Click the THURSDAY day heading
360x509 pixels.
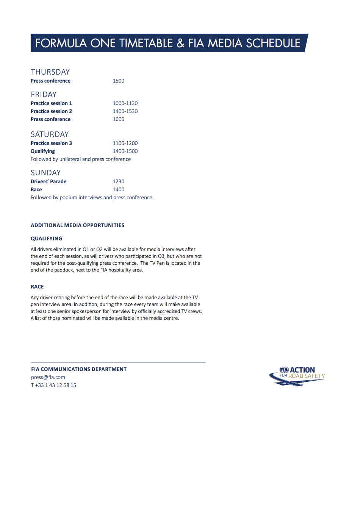pyautogui.click(x=50, y=72)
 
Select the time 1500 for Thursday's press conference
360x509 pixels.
pyautogui.click(x=119, y=81)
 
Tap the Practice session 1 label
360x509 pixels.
pyautogui.click(x=51, y=103)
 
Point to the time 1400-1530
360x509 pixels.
pyautogui.click(x=125, y=111)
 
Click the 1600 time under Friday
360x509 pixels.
pyautogui.click(x=119, y=119)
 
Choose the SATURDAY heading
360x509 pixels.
pyautogui.click(x=50, y=134)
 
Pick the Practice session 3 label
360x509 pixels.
pyautogui.click(x=51, y=143)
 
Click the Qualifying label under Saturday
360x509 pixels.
pyautogui.click(x=43, y=151)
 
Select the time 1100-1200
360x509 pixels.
pyautogui.click(x=125, y=143)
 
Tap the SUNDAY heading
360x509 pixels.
pyautogui.click(x=45, y=173)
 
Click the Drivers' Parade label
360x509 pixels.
pyautogui.click(x=49, y=181)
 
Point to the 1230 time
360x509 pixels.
pyautogui.click(x=119, y=181)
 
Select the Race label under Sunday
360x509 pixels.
pyautogui.click(x=36, y=189)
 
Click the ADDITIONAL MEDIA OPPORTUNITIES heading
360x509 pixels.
pyautogui.click(x=77, y=225)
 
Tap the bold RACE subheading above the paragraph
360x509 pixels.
pyautogui.click(x=37, y=287)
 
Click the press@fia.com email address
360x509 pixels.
pyautogui.click(x=48, y=377)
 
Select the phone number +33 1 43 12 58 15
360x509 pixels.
pyautogui.click(x=55, y=385)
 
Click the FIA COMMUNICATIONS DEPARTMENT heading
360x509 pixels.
pyautogui.click(x=79, y=369)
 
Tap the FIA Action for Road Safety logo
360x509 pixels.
pyautogui.click(x=297, y=376)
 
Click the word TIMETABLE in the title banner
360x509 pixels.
pyautogui.click(x=146, y=43)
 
